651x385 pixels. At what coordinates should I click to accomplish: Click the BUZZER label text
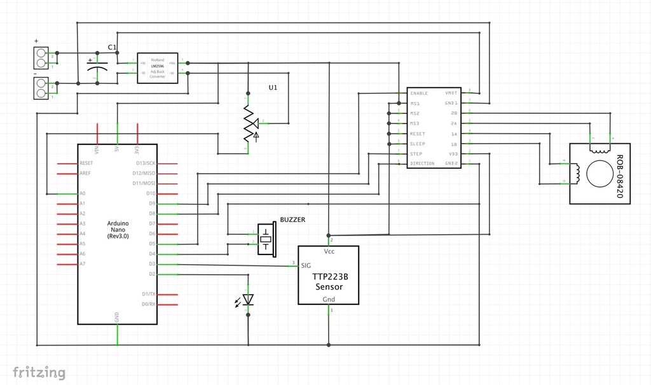pos(292,220)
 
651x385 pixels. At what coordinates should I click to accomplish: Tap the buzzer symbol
pos(266,239)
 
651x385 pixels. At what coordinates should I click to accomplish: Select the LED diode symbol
pos(248,299)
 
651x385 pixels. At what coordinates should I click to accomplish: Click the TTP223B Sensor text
pos(329,282)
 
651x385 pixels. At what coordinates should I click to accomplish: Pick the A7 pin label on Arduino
pos(82,264)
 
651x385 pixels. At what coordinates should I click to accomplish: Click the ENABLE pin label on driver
pos(419,94)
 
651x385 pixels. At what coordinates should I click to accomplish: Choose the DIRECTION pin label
pos(422,164)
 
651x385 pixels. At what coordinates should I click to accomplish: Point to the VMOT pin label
pos(451,94)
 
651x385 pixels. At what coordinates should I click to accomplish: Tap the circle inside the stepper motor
pos(598,174)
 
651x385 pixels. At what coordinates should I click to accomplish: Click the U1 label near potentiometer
pos(273,88)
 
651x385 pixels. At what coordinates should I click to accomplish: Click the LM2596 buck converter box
pos(158,67)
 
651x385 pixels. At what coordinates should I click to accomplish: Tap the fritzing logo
pos(39,372)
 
